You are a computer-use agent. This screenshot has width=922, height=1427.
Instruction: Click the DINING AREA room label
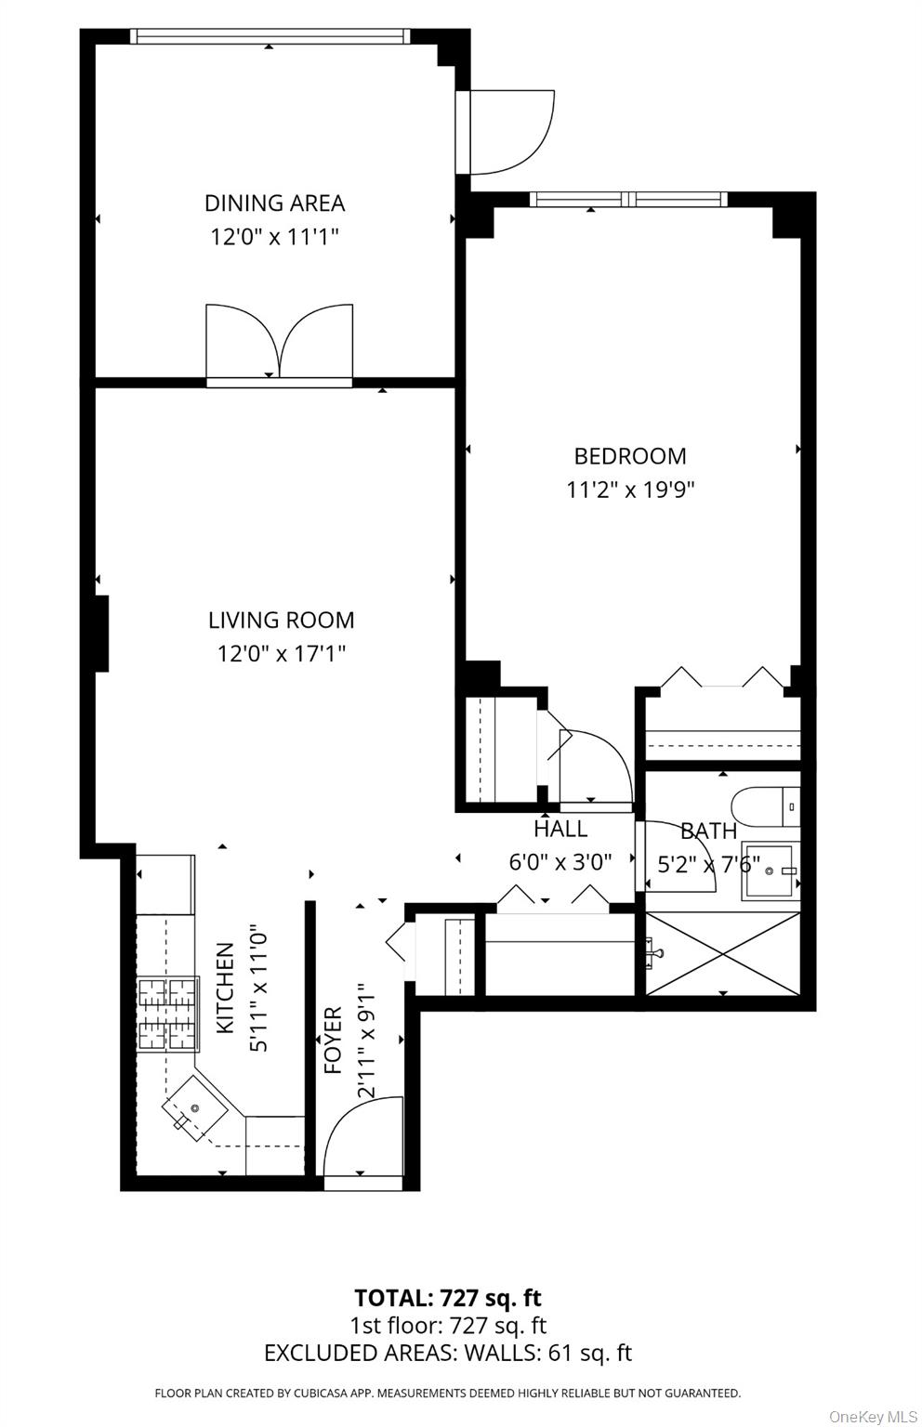pos(274,203)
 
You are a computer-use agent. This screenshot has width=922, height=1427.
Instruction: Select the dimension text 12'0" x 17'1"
pos(281,654)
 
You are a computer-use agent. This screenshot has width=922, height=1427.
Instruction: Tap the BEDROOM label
pos(630,456)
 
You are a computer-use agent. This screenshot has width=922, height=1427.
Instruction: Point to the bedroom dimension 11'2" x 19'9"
pos(630,490)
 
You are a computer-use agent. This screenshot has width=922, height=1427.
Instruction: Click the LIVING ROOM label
pos(281,620)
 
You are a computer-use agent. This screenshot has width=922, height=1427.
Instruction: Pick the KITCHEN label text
pos(225,988)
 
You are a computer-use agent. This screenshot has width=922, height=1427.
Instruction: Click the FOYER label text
pos(333,1041)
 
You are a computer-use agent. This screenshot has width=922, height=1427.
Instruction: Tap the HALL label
pos(560,828)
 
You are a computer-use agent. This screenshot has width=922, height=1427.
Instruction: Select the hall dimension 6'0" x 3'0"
pos(560,862)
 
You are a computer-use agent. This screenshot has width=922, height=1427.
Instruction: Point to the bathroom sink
pos(770,871)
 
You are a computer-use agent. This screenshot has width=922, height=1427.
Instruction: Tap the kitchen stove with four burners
pos(168,1015)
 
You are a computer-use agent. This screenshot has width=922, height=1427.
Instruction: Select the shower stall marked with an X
pos(722,953)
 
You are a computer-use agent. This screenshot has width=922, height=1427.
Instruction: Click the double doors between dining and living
pos(279,344)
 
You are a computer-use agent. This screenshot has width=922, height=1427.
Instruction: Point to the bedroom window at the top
pos(627,199)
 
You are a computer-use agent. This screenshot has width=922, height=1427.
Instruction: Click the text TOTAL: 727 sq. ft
pos(447,1298)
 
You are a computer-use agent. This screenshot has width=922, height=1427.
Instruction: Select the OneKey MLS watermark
pos(872,1416)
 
